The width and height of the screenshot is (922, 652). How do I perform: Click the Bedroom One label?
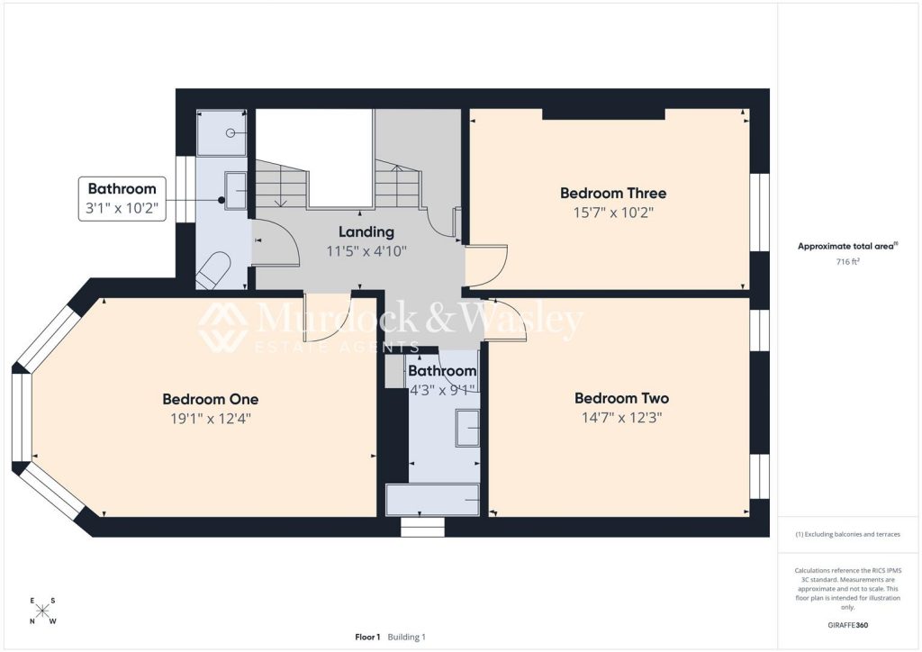[x=210, y=399]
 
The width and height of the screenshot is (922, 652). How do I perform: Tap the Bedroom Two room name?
[x=621, y=398]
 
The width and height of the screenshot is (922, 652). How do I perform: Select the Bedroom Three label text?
[x=613, y=193]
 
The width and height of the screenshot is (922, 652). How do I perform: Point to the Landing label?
[x=366, y=232]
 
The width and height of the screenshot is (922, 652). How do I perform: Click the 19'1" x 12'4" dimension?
[x=211, y=419]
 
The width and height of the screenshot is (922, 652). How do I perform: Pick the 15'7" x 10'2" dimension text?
[x=613, y=213]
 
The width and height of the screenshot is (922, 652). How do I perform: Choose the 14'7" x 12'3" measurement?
[x=621, y=418]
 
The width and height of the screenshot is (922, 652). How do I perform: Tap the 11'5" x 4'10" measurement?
[x=366, y=251]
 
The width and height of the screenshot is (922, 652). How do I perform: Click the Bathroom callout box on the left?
[x=122, y=199]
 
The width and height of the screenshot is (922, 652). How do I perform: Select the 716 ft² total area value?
[x=847, y=262]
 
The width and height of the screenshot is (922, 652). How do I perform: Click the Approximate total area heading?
[x=847, y=247]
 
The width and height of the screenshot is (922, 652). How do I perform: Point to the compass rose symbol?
[x=42, y=611]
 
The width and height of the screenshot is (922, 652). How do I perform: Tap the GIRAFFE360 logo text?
[x=847, y=625]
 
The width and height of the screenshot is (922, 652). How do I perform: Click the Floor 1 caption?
[x=367, y=637]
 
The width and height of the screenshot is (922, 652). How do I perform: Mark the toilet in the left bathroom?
[x=212, y=270]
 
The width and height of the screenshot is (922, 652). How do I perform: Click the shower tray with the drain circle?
[x=221, y=133]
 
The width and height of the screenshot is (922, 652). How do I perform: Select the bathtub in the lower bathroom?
[x=432, y=501]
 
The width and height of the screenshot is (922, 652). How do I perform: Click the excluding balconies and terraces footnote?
[x=847, y=534]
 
